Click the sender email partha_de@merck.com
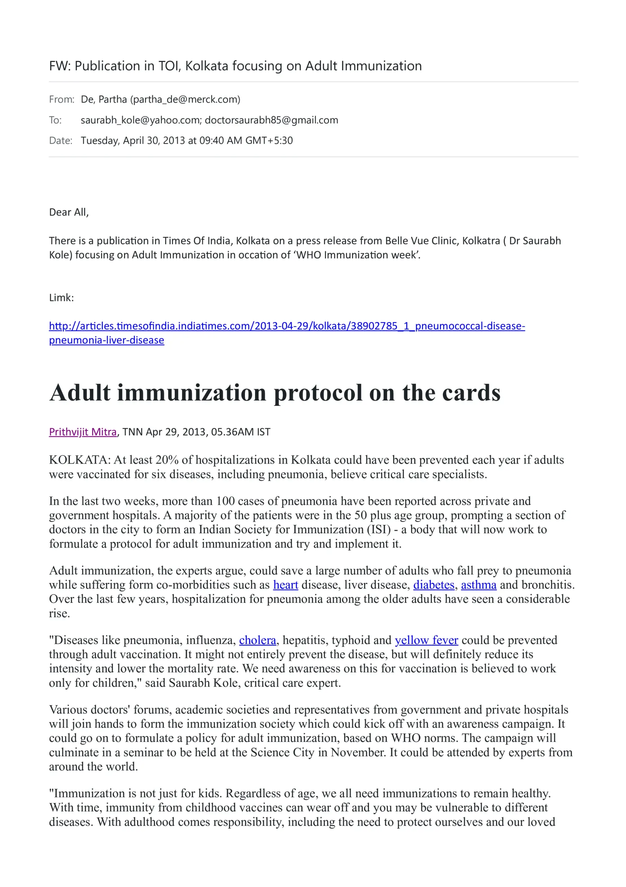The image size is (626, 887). tap(185, 99)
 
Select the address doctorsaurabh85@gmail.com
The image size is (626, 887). tap(271, 120)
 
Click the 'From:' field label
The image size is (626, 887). tap(62, 99)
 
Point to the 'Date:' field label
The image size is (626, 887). tap(61, 141)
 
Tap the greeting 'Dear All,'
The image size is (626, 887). tap(69, 212)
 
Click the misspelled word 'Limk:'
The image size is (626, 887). tap(61, 298)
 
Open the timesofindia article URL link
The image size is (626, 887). tap(287, 326)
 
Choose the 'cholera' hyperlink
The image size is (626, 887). tap(257, 640)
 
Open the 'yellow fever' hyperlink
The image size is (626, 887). tap(426, 640)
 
